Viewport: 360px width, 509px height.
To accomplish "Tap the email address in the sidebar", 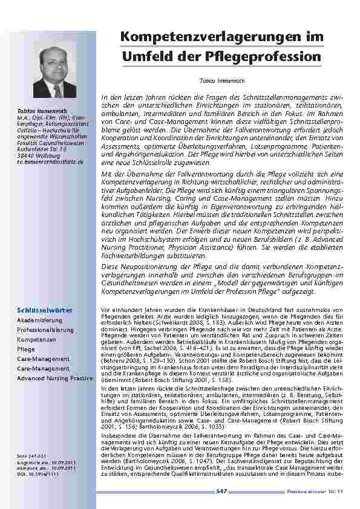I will coord(50,162).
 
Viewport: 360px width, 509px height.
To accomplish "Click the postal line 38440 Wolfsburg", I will coord(36,156).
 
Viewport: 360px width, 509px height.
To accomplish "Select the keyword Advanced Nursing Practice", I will coord(55,378).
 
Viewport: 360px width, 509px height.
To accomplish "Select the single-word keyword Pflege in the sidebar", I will coord(26,349).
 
